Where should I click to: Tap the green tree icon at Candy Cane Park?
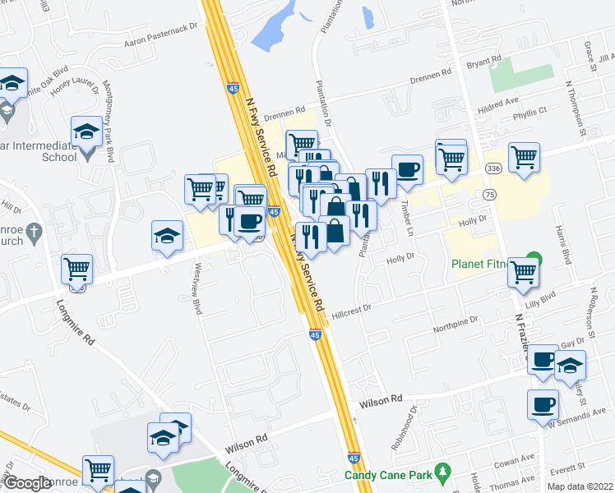pos(444,472)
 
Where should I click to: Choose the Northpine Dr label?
pos(456,321)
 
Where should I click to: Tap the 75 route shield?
pos(490,195)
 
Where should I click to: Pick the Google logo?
pos(26,483)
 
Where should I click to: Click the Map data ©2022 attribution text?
pos(580,486)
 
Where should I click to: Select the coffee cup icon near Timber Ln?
pos(407,170)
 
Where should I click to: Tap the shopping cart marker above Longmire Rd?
pos(76,269)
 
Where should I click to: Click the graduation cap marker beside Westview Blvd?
pos(167,236)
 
